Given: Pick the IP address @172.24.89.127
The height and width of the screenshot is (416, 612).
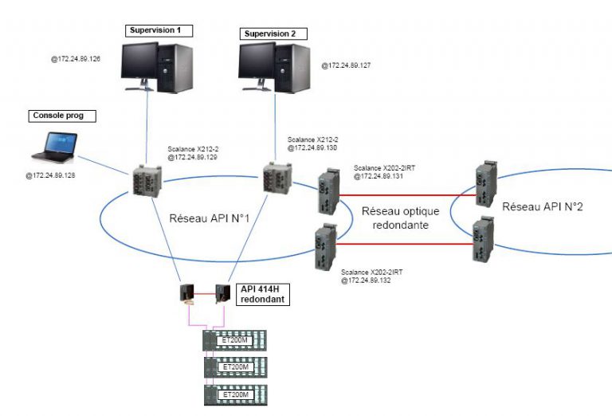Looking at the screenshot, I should tap(347, 65).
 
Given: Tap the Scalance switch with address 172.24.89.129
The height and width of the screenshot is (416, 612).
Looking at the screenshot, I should tap(147, 182).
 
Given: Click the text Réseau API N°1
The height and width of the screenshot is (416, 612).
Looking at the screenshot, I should tap(210, 217).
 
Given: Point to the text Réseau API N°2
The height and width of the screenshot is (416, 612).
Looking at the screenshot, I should tap(542, 207).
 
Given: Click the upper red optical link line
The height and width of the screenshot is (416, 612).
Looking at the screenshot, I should tap(406, 194).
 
